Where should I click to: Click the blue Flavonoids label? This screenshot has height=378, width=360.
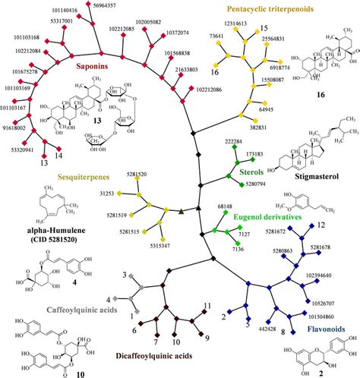(327, 329)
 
